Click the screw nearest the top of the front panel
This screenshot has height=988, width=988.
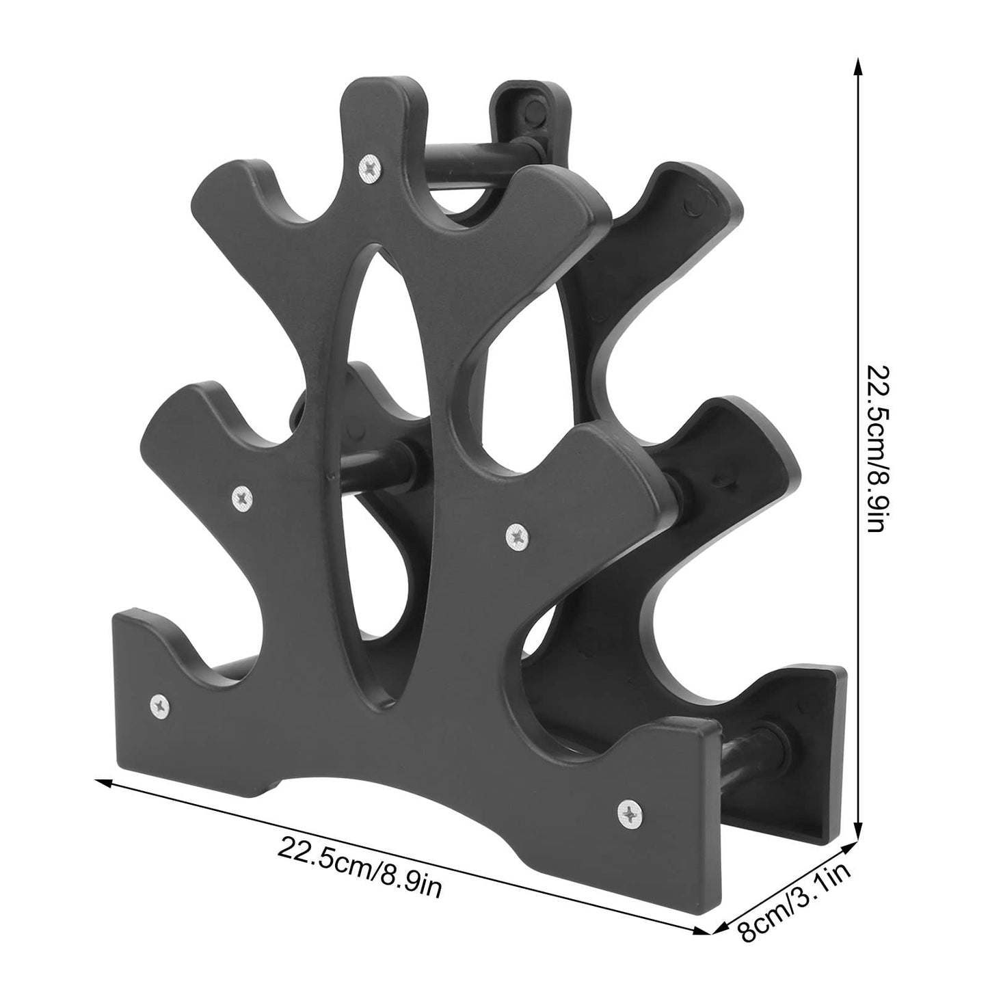pos(370,165)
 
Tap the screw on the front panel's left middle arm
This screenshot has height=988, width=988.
pos(241,497)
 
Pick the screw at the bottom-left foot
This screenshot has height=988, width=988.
pos(159,703)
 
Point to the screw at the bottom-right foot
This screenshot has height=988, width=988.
pos(627,813)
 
